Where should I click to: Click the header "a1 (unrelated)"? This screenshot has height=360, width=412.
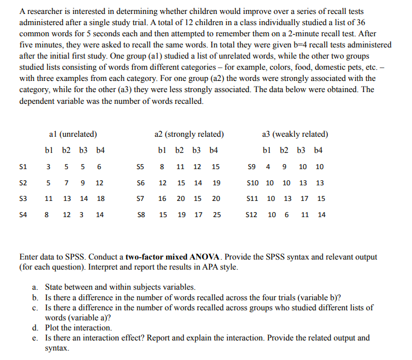coord(73,134)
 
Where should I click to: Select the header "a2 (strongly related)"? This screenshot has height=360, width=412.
coord(189,134)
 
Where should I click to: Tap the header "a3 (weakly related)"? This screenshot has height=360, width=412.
coord(294,134)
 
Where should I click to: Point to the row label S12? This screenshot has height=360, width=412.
coord(252,215)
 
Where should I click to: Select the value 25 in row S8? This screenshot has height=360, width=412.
coord(216,215)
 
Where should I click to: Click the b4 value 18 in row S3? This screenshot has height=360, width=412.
coord(101,199)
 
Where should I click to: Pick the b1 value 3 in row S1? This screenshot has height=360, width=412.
coord(49,167)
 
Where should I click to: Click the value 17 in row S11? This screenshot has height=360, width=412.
coord(304,199)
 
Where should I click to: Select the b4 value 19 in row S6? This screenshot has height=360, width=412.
coord(216,183)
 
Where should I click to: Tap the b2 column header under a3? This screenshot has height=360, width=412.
coord(287,151)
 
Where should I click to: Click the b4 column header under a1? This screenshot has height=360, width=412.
coord(100,151)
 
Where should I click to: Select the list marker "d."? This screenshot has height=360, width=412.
coord(36,328)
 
